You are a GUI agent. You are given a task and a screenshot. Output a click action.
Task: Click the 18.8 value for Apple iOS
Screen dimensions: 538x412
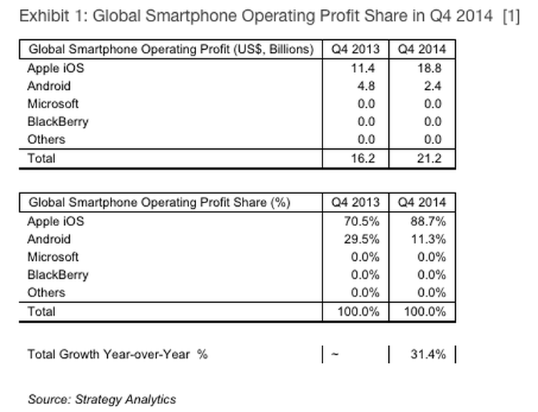point(430,68)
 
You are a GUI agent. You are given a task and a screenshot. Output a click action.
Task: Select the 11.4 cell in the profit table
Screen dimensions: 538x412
point(363,68)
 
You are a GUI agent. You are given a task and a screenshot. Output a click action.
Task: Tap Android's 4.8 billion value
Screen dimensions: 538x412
point(366,86)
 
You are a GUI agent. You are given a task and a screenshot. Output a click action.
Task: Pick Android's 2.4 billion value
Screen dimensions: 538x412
point(432,86)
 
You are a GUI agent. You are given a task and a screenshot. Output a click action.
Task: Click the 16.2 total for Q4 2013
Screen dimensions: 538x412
point(363,158)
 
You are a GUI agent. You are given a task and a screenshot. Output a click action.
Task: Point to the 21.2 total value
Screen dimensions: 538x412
point(430,158)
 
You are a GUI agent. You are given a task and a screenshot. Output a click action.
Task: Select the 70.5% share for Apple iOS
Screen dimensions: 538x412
point(362,222)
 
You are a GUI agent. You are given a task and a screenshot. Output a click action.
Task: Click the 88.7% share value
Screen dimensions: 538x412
point(428,222)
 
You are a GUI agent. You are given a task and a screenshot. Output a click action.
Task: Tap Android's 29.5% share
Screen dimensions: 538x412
point(362,240)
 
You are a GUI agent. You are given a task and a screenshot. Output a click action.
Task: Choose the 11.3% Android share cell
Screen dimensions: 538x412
point(429,240)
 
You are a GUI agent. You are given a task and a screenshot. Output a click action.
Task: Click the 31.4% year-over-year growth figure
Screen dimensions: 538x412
point(428,354)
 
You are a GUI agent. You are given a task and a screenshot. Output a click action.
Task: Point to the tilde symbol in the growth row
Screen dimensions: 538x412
point(335,354)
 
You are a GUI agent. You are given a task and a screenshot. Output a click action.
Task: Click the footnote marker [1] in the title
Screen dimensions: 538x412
point(511,16)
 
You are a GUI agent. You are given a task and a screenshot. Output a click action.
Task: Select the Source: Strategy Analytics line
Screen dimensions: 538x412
point(101,400)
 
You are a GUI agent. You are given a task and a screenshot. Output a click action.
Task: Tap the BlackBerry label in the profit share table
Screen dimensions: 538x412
point(58,275)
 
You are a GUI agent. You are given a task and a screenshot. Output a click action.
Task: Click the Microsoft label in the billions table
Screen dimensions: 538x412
point(53,104)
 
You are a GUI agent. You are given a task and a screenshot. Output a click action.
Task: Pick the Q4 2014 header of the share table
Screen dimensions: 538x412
point(422,202)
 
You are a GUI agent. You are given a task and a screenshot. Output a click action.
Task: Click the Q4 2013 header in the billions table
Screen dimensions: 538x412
point(355,49)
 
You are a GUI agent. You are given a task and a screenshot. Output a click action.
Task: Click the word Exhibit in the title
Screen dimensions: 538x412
point(44,16)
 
